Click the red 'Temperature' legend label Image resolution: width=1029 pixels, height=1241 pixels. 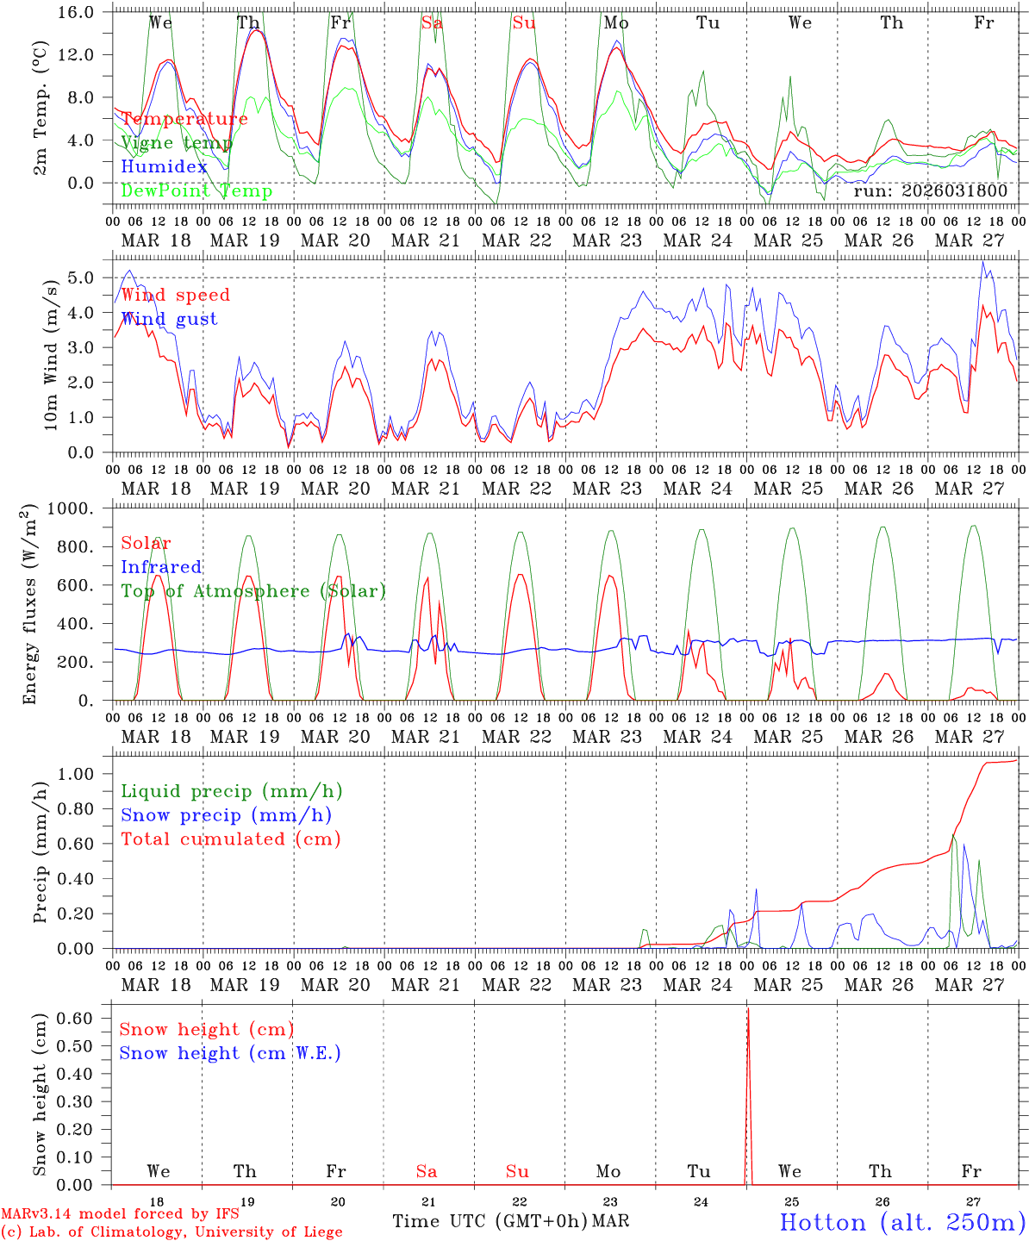tap(184, 119)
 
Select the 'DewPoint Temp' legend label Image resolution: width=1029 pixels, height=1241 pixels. tap(196, 190)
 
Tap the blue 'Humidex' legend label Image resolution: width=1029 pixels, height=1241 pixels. tap(164, 167)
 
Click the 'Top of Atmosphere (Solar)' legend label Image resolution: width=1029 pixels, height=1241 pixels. tap(253, 591)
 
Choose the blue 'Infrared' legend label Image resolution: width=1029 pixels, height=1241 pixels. tap(161, 567)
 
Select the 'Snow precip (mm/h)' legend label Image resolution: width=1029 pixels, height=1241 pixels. tap(227, 815)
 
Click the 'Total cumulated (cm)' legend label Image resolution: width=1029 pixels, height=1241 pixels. tap(231, 839)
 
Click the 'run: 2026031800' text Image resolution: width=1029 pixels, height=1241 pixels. tap(931, 191)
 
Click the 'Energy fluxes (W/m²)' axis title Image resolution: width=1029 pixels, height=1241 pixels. tap(31, 603)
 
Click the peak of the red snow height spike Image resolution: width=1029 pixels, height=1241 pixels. tap(748, 1008)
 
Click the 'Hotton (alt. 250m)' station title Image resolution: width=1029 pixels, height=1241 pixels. tap(901, 1222)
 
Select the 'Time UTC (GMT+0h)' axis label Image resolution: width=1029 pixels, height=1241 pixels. tap(490, 1221)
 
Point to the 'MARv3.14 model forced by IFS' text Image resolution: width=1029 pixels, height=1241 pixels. tap(120, 1213)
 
